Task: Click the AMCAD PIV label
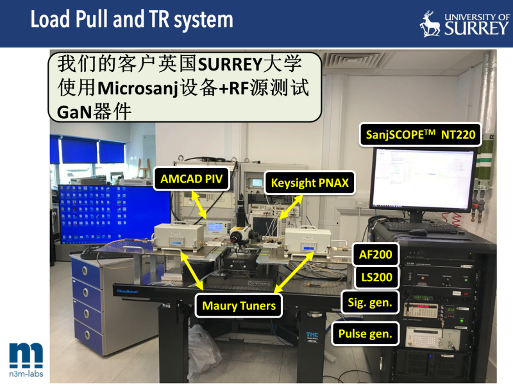(x=191, y=179)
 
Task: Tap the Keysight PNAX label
(x=310, y=183)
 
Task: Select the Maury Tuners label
(x=239, y=306)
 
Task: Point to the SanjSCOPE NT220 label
(x=421, y=135)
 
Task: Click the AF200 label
(x=376, y=254)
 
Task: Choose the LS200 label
(x=376, y=277)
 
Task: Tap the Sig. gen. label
(x=370, y=302)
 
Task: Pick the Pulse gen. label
(x=365, y=334)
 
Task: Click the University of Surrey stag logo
(x=430, y=24)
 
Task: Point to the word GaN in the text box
(x=74, y=112)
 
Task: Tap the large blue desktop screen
(x=115, y=214)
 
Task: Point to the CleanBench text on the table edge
(x=128, y=291)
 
